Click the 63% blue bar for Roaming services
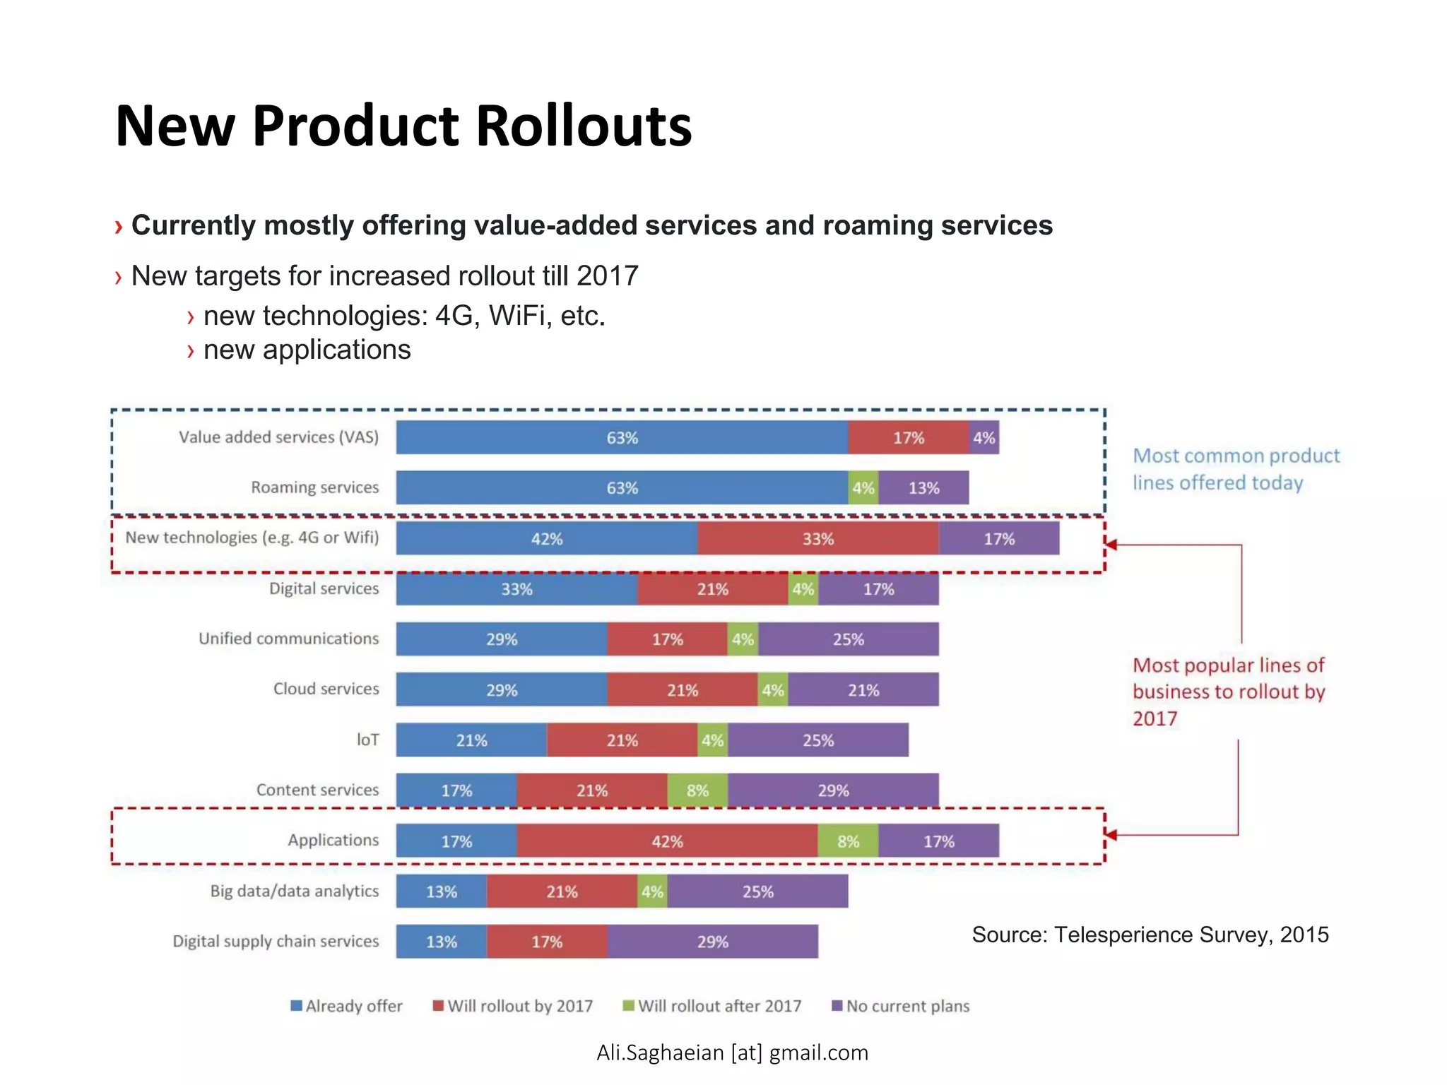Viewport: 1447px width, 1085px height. [x=622, y=487]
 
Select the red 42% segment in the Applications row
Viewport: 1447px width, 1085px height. [x=667, y=841]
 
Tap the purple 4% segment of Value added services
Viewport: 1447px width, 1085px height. [x=984, y=437]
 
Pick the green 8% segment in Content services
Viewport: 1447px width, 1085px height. [x=697, y=790]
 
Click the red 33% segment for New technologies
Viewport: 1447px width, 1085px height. [x=817, y=538]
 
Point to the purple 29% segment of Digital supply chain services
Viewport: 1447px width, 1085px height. [x=712, y=941]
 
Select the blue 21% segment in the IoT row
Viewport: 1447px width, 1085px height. [x=471, y=740]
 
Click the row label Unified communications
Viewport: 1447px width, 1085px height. [x=288, y=639]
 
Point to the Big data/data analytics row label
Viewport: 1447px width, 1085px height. [x=294, y=891]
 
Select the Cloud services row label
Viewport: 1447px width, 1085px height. [x=326, y=689]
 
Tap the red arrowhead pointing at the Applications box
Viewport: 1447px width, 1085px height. [x=1111, y=835]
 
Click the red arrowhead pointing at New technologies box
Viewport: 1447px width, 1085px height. [x=1111, y=545]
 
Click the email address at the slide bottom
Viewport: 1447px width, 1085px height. [x=732, y=1053]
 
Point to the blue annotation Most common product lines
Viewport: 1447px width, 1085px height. [x=1235, y=469]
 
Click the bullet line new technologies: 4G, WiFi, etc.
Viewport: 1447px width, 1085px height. [x=403, y=316]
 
